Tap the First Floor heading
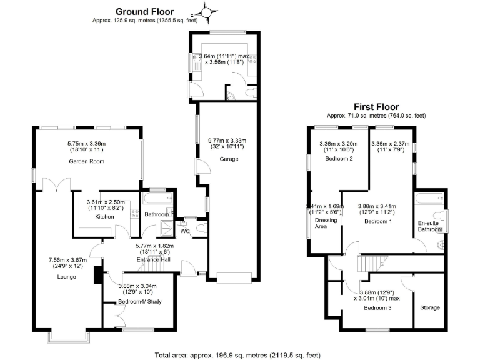[376, 107]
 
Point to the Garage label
[227, 159]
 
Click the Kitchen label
[102, 216]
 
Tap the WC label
[185, 231]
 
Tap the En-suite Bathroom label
[429, 226]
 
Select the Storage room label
[429, 307]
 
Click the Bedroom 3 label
[377, 308]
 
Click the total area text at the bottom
[240, 354]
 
